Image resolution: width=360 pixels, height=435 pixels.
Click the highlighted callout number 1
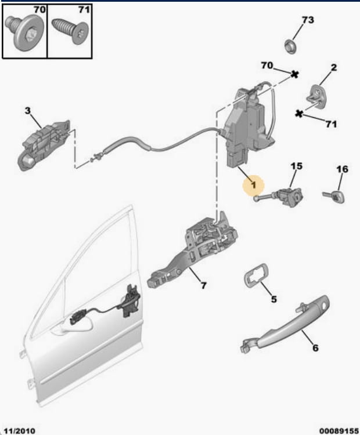[253, 185]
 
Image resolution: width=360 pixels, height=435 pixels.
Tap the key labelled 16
[334, 196]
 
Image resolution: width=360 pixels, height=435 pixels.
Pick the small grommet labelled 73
[290, 46]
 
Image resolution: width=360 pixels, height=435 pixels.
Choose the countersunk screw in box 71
[71, 30]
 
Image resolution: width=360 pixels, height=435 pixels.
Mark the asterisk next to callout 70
[294, 74]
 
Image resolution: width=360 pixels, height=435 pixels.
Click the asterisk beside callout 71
[299, 114]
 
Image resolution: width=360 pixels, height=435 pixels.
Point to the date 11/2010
[19, 430]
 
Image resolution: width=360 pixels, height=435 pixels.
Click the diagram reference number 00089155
[339, 431]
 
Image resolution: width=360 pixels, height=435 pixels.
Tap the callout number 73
[308, 20]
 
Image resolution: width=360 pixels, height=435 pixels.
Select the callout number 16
[342, 169]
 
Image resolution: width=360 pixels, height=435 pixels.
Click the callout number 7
[204, 285]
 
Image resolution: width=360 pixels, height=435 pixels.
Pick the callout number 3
[27, 111]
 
